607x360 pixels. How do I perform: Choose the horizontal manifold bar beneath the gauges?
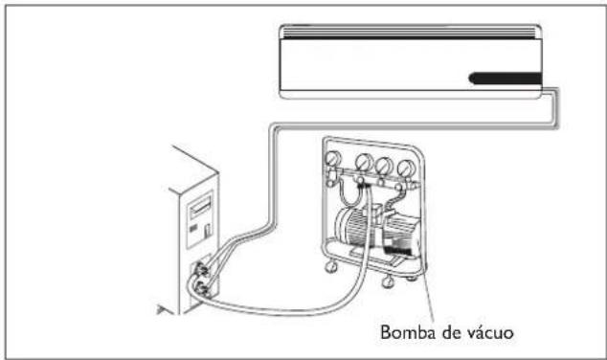point(373,178)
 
